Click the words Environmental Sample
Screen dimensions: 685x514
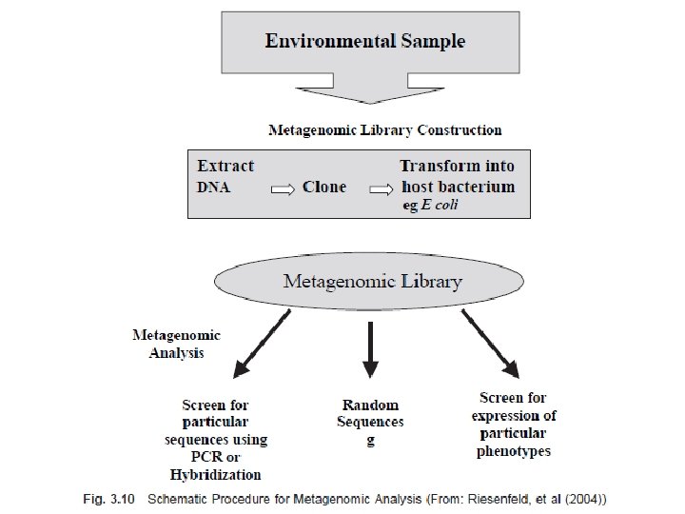tap(365, 41)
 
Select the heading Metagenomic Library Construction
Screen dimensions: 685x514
tap(384, 129)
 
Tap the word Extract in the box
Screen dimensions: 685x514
tap(225, 166)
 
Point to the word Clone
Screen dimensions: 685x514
tap(324, 187)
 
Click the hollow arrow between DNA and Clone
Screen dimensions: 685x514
tap(282, 188)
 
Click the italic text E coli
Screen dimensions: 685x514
tap(440, 206)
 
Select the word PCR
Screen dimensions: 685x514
tap(215, 457)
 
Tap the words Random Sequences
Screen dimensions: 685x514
tap(370, 413)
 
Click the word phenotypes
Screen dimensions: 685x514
tap(514, 450)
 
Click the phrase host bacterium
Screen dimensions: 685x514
tap(458, 187)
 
